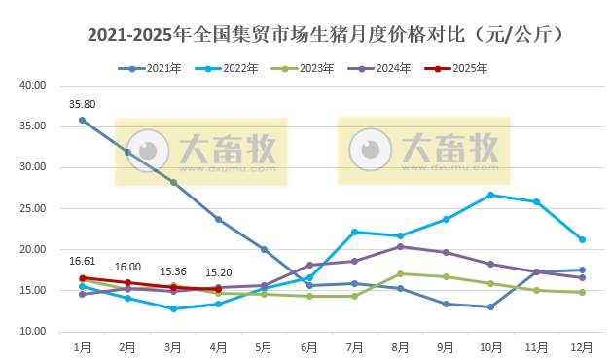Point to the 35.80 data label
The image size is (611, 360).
pos(82,104)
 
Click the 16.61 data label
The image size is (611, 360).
pos(82,262)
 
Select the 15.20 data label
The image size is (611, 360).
pos(219,272)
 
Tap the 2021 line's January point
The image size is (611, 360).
pos(82,120)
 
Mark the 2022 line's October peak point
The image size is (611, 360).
pos(490,195)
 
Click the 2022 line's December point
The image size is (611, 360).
pos(582,239)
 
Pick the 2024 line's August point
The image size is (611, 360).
pos(400,246)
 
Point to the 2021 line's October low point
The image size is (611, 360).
pos(490,306)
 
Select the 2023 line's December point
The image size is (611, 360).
pos(582,292)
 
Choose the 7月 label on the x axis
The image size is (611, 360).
pos(354,346)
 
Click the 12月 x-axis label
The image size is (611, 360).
pos(582,346)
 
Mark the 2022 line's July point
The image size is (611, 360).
pos(354,232)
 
